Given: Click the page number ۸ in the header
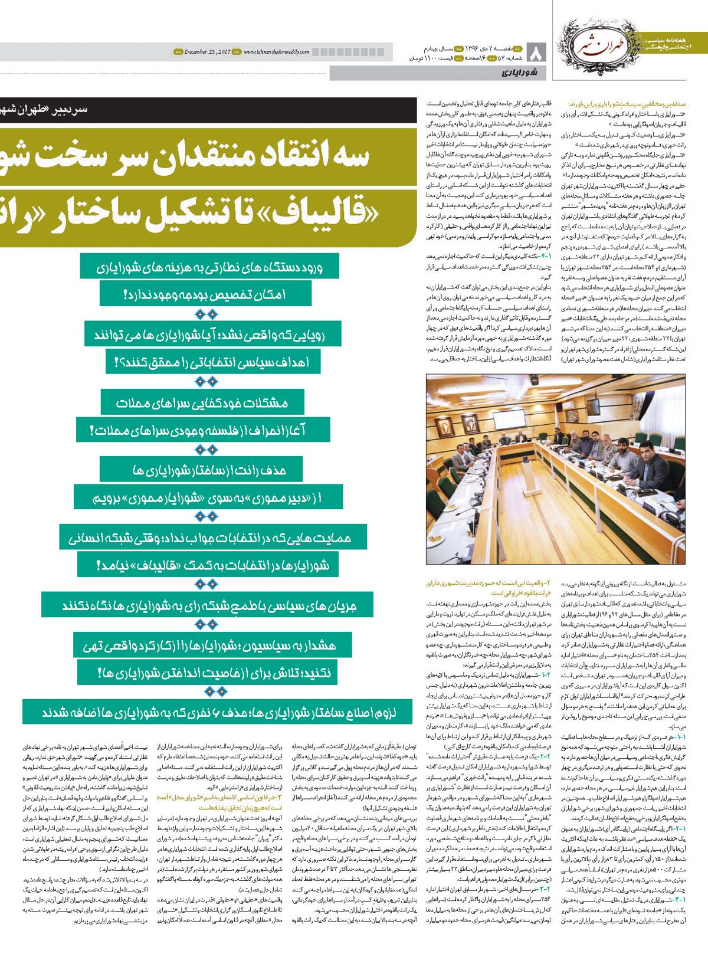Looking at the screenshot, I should click(x=537, y=53).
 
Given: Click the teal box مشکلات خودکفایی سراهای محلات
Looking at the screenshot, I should click(x=202, y=403).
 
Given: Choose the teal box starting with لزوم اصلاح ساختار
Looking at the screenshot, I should click(x=218, y=712).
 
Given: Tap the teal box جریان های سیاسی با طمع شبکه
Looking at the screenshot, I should click(x=209, y=605).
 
